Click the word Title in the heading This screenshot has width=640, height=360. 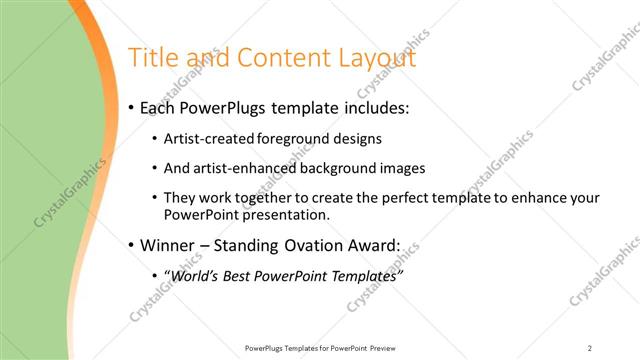click(153, 59)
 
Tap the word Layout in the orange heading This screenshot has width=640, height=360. click(375, 59)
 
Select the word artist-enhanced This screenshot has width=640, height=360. click(239, 169)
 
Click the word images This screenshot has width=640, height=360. click(397, 169)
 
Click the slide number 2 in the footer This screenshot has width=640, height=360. click(590, 348)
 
